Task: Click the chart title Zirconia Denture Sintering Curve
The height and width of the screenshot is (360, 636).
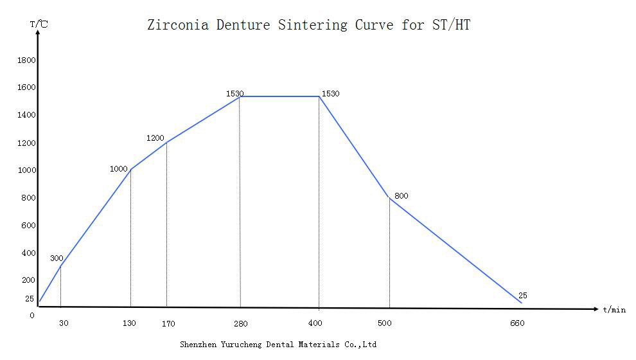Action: (308, 25)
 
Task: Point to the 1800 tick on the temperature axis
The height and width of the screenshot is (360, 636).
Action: (27, 60)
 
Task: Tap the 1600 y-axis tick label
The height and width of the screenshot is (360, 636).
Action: (27, 87)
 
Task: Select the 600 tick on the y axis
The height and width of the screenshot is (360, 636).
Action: (29, 226)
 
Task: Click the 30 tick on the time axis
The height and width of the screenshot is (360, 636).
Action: (64, 323)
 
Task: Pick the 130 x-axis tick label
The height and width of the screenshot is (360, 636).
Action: (129, 323)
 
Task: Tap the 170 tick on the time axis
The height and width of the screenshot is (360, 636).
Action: (168, 324)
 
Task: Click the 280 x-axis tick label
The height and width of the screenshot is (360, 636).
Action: (240, 323)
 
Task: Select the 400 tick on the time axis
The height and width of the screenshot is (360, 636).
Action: (315, 323)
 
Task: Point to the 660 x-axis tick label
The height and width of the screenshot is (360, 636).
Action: (517, 323)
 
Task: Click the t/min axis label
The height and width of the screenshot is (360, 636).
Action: (614, 310)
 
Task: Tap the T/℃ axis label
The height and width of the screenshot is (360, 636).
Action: (38, 24)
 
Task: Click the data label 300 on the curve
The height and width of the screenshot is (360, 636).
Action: (57, 258)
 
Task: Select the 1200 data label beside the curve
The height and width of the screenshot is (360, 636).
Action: (155, 138)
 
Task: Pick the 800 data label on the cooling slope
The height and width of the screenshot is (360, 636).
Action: (402, 196)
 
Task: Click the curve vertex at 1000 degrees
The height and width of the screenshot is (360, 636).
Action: (130, 170)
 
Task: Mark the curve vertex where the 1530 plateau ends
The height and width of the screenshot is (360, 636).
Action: (319, 96)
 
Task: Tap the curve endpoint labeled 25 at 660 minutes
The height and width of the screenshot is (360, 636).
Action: (521, 302)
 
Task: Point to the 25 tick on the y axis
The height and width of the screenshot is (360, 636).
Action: (30, 299)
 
